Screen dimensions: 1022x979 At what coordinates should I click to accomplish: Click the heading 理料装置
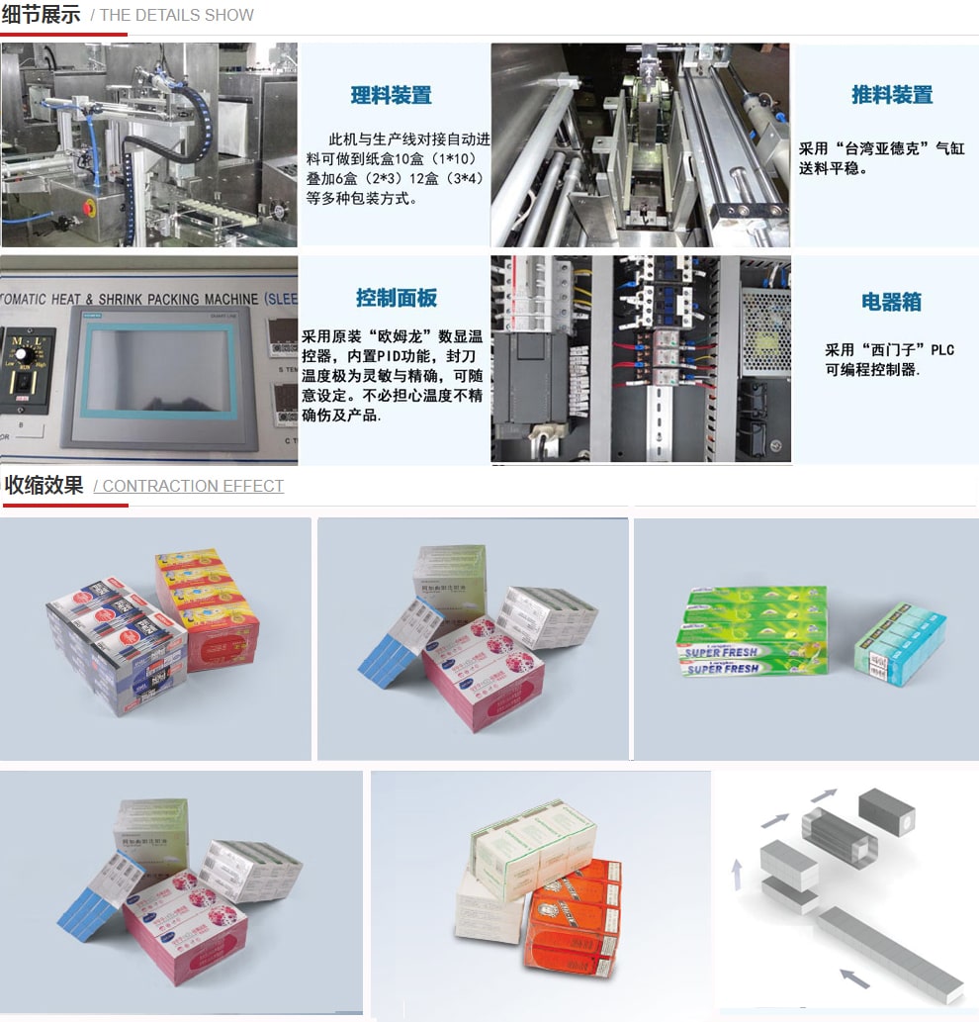pyautogui.click(x=391, y=96)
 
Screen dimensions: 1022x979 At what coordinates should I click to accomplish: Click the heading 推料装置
pyautogui.click(x=892, y=95)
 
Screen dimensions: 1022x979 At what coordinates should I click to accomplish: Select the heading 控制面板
pyautogui.click(x=396, y=298)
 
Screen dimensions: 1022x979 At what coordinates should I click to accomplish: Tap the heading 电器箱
pyautogui.click(x=891, y=303)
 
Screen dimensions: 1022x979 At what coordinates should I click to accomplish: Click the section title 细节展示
pyautogui.click(x=42, y=15)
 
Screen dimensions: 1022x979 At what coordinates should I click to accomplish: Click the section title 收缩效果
pyautogui.click(x=44, y=485)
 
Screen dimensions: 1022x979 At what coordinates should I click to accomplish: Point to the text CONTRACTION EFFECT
pyautogui.click(x=193, y=486)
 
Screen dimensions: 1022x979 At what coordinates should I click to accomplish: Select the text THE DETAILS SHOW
pyautogui.click(x=177, y=15)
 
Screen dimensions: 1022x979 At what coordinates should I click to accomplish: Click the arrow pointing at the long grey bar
pyautogui.click(x=853, y=978)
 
